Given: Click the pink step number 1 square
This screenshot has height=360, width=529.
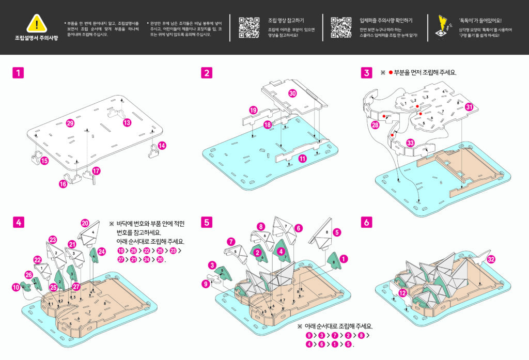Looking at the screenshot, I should tap(19, 73).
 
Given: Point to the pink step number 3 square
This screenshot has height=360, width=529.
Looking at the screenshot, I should tap(366, 73).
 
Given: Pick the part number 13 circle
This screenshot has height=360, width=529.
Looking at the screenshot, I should tap(127, 122).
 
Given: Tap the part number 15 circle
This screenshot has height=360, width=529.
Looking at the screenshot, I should tap(44, 161).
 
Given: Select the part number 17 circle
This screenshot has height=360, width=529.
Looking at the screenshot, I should tap(96, 171).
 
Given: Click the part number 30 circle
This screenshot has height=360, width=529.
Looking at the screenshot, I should tap(292, 93).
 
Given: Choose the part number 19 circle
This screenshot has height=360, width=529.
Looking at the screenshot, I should tap(253, 111).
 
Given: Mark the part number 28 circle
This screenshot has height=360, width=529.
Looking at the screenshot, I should tap(375, 125).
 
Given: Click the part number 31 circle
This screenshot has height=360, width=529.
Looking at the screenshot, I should tap(469, 107).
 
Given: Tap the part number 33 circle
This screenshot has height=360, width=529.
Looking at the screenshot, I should tap(410, 143).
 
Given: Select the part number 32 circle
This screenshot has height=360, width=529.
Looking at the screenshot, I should tap(491, 259).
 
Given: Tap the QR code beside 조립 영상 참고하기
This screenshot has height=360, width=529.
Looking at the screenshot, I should tap(249, 27).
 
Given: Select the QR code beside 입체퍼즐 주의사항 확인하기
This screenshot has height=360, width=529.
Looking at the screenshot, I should tap(340, 27).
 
